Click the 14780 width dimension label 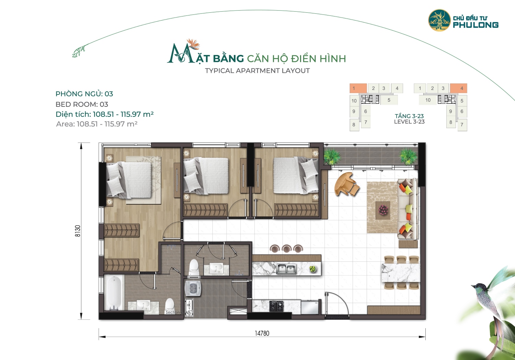262,333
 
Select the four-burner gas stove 277,306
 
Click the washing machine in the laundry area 193,288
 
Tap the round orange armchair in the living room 346,184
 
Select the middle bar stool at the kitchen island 286,248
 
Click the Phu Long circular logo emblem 439,20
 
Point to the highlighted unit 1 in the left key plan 358,88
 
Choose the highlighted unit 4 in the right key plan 458,88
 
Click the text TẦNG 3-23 409,116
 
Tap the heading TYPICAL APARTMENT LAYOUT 257,71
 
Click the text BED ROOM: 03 82,104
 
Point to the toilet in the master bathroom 170,305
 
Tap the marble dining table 401,273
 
